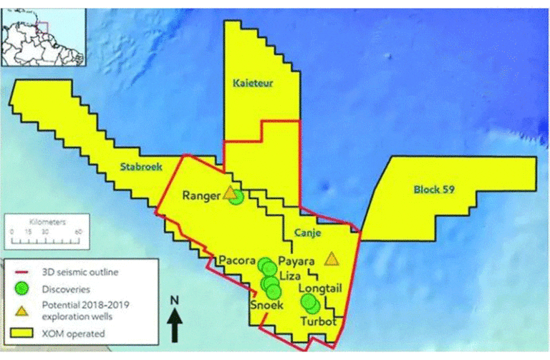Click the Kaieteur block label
tap(254, 84)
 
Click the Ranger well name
tap(201, 195)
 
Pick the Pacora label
tap(238, 259)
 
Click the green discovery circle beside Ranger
tap(236, 197)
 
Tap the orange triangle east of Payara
tap(331, 258)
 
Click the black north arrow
tap(175, 329)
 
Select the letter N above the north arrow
tap(174, 301)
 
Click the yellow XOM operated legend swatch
tap(23, 333)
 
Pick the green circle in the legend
tap(23, 289)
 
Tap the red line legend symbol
tap(23, 272)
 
